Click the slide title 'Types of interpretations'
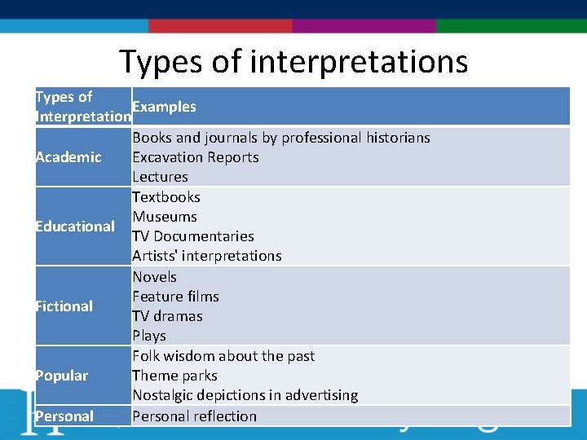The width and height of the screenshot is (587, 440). coord(293,62)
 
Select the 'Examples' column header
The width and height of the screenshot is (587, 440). coord(164,107)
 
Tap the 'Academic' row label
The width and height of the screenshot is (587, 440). coord(68,157)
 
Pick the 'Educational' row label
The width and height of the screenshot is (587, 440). coord(75,227)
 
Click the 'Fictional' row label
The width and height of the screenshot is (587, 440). coord(64,306)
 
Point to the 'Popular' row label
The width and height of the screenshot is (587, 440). coord(61,376)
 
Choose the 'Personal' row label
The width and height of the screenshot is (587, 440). coord(64,416)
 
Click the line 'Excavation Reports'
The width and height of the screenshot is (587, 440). coord(196,157)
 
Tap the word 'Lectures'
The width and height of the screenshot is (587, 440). coord(160,177)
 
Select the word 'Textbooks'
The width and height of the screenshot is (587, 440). coord(166,197)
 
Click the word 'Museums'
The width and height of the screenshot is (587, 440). coord(165,217)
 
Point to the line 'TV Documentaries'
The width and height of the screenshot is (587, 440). coord(193,236)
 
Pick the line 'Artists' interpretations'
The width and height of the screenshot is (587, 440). coord(207,256)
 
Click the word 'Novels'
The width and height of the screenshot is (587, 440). coord(155,277)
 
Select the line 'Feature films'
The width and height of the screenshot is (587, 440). coord(175,297)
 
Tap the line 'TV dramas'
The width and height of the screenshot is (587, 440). coord(167,316)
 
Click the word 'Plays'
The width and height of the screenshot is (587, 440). coord(149,336)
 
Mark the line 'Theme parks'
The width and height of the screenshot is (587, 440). coord(174,376)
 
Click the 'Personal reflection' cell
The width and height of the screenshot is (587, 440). coord(195,416)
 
